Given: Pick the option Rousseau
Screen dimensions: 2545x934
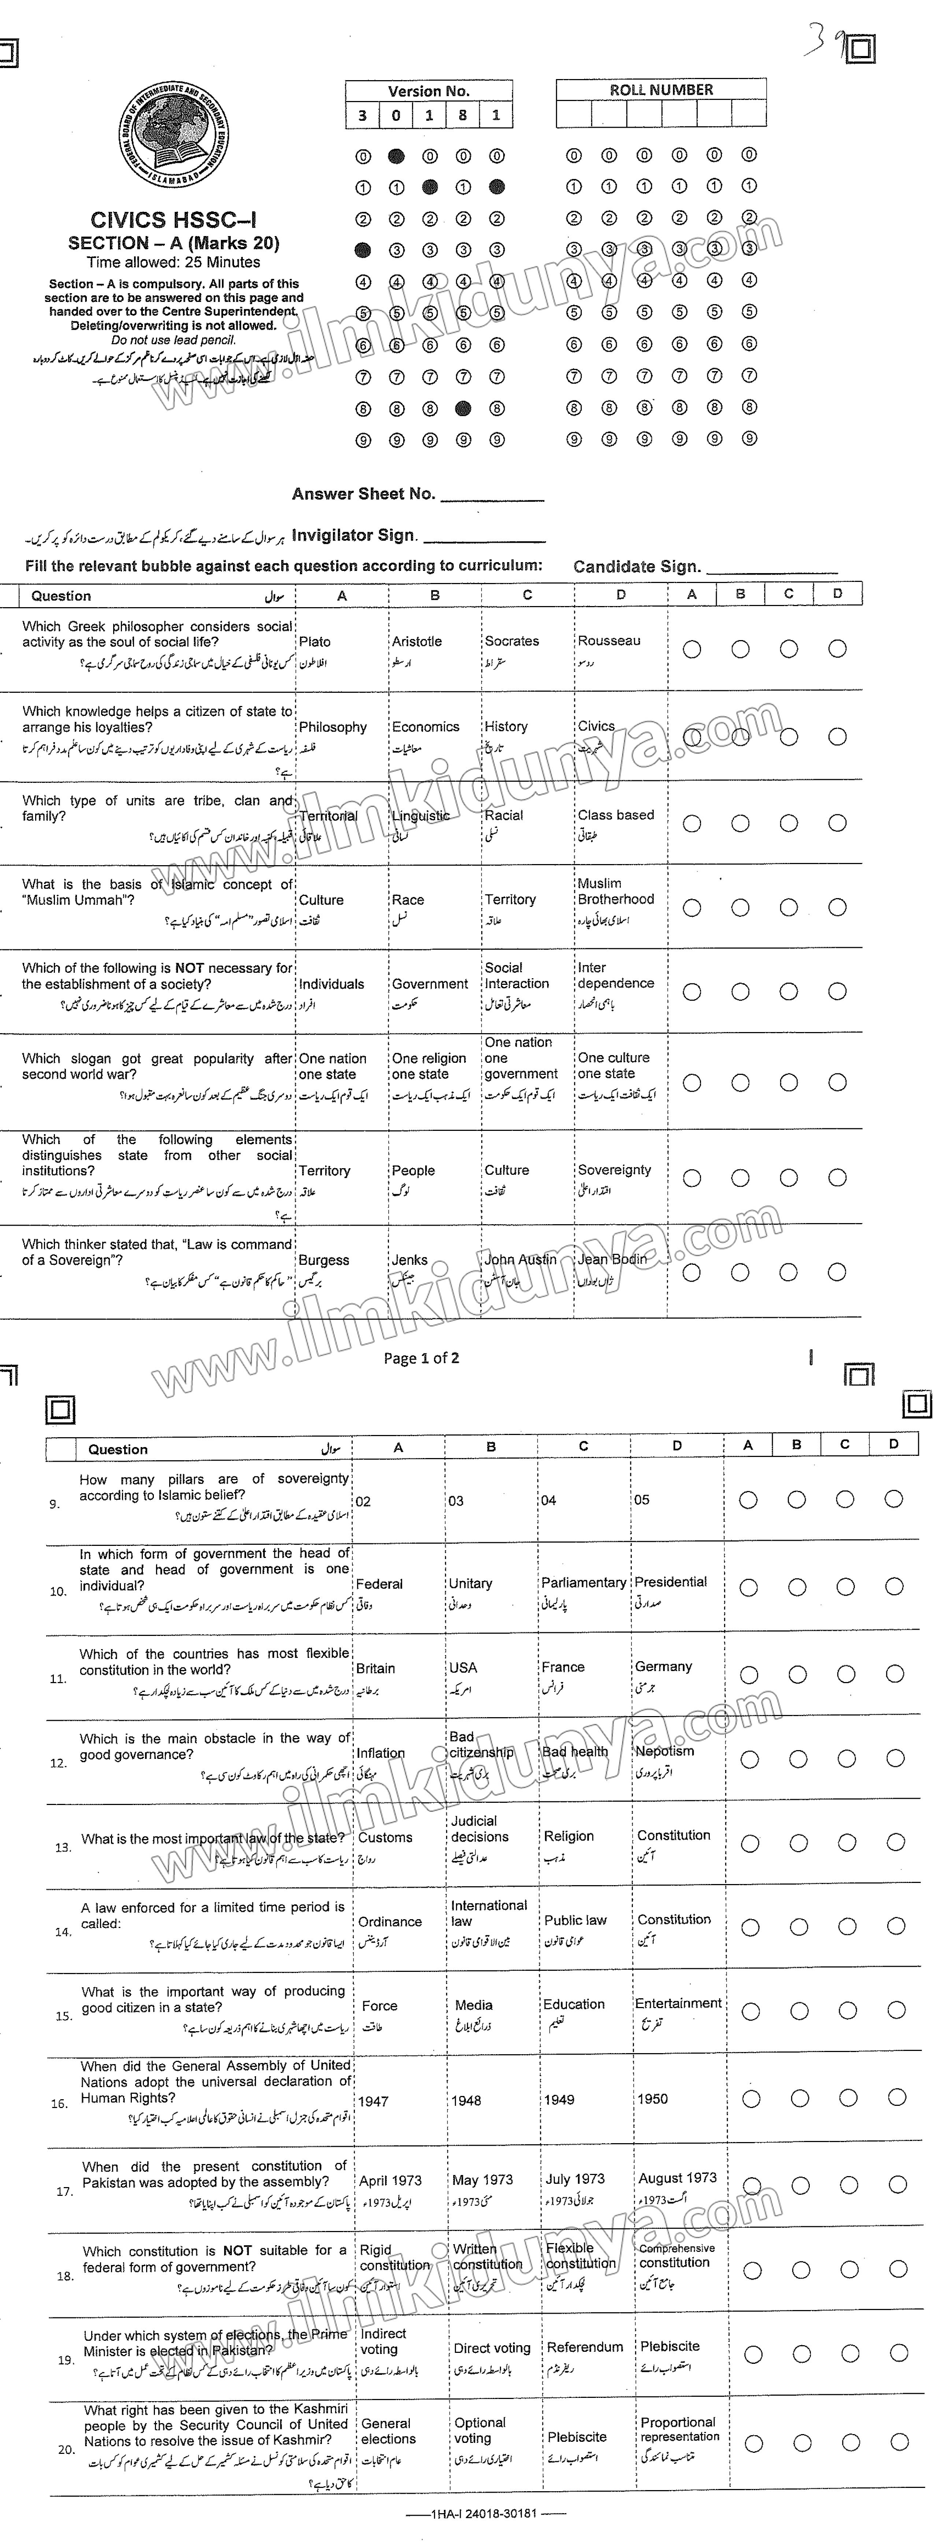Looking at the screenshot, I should (609, 640).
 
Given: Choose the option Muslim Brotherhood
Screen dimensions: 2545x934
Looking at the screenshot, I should (616, 891).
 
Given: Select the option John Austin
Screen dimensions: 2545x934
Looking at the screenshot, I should (520, 1260).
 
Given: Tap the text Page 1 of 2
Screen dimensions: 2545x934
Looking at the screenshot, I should (421, 1357).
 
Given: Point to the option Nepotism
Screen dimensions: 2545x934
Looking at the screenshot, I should (664, 1751).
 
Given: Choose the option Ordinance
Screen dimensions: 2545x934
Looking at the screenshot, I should (389, 1922).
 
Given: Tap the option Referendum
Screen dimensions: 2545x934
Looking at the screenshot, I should (585, 2346).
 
